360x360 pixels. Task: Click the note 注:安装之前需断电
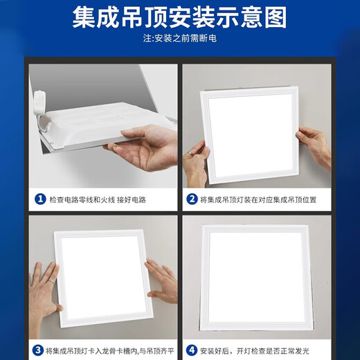[x=180, y=39]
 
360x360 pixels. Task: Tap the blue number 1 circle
[x=40, y=199]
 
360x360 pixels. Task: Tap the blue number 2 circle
[x=192, y=199]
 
